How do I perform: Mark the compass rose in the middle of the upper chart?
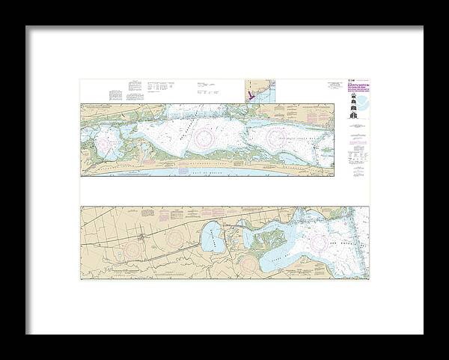click(x=202, y=138)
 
